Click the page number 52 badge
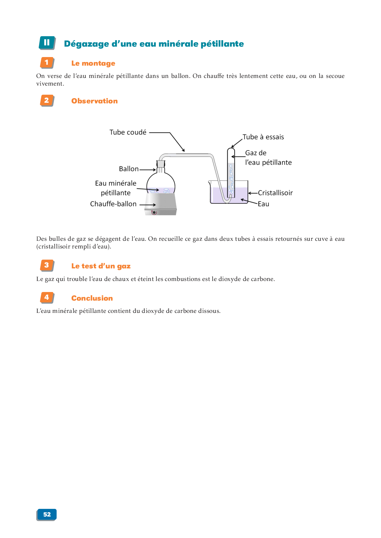click(47, 514)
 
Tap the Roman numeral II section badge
click(47, 43)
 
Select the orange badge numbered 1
click(47, 63)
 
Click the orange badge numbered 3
click(47, 265)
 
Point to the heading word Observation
click(94, 101)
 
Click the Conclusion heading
click(92, 298)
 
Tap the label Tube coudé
click(128, 132)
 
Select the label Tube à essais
click(263, 137)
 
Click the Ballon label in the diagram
click(129, 169)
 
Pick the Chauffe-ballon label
click(113, 204)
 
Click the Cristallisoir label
click(275, 193)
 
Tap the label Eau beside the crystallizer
click(263, 204)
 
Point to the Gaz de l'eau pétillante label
click(268, 158)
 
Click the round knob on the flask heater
click(154, 212)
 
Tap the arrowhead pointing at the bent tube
click(183, 150)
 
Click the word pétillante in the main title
click(222, 44)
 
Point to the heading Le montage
click(93, 63)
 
